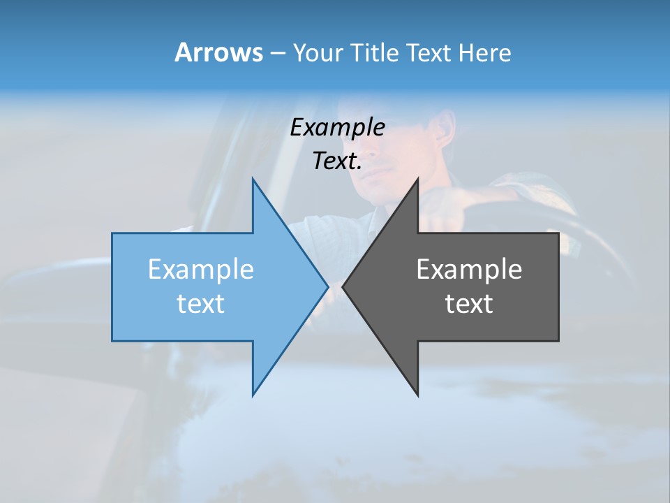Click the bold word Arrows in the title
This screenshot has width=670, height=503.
coord(218,52)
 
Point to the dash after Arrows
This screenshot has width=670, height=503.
coord(277,53)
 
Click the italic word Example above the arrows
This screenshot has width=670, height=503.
coord(337,128)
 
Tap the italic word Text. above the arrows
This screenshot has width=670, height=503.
coord(337,161)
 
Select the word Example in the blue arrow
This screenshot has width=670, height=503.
coord(201,270)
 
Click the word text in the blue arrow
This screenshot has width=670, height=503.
coord(201,304)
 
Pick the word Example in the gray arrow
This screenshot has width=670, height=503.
coord(469,270)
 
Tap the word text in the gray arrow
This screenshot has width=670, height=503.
coord(469,304)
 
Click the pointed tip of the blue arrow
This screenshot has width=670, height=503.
coord(327,286)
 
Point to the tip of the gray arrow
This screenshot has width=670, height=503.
coord(344,286)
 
